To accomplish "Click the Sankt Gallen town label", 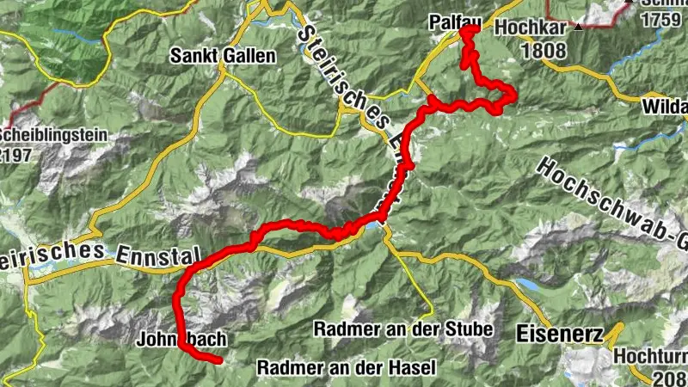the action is pyautogui.click(x=223, y=57).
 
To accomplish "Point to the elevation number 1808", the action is pyautogui.click(x=544, y=50).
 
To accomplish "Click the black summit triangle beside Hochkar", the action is pyautogui.click(x=581, y=28).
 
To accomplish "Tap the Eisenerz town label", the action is pyautogui.click(x=554, y=330).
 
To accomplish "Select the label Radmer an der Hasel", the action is pyautogui.click(x=347, y=367).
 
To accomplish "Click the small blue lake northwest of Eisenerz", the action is pyautogui.click(x=526, y=283).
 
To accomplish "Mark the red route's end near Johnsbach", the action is pyautogui.click(x=221, y=360).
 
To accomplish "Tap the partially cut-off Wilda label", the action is pyautogui.click(x=664, y=108).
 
